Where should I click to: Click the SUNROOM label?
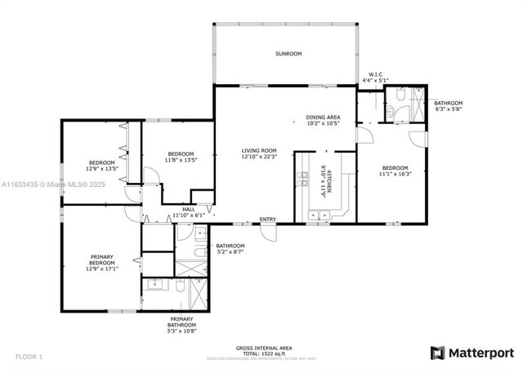click(288, 54)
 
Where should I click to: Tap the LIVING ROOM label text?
click(258, 150)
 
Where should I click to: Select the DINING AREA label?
click(323, 118)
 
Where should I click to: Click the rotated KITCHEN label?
click(324, 178)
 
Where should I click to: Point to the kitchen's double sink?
click(318, 216)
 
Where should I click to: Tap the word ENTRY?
click(267, 219)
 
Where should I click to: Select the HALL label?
click(189, 209)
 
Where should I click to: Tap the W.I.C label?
click(376, 74)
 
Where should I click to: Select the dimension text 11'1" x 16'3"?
click(395, 173)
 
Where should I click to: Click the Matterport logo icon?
click(437, 352)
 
